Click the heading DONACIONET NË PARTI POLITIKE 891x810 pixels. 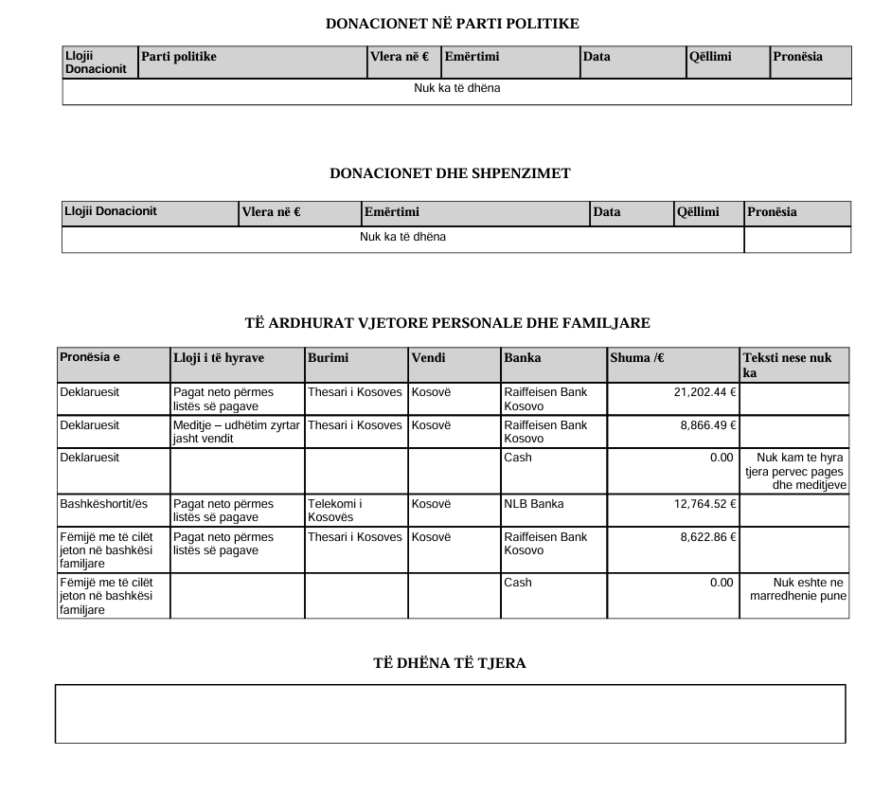pyautogui.click(x=452, y=23)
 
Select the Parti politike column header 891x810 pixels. pyautogui.click(x=179, y=57)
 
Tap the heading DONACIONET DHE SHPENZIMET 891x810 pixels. pyautogui.click(x=450, y=173)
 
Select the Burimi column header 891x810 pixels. pyautogui.click(x=328, y=357)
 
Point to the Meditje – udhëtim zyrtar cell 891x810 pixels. pyautogui.click(x=237, y=432)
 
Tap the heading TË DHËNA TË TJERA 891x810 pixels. pyautogui.click(x=450, y=663)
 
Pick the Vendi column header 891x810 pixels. pyautogui.click(x=428, y=357)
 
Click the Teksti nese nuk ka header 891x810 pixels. pyautogui.click(x=787, y=365)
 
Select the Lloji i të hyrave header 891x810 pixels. pyautogui.click(x=219, y=357)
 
